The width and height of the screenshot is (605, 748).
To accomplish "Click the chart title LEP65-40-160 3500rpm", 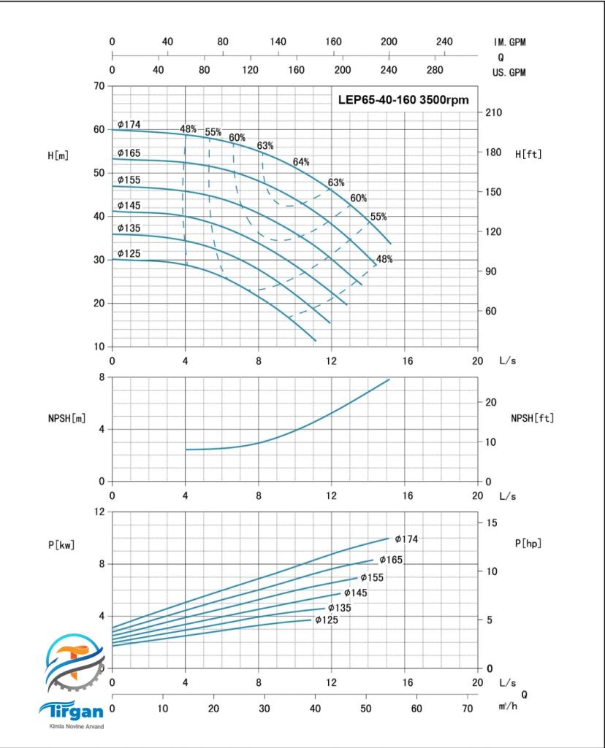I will [403, 100].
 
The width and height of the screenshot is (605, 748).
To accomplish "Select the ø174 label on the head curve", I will [129, 125].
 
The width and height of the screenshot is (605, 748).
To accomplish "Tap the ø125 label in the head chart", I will [129, 254].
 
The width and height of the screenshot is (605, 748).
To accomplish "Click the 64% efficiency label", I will [301, 161].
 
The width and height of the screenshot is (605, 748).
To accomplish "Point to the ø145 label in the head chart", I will [129, 206].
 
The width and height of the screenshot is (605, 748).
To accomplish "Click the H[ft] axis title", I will [528, 154].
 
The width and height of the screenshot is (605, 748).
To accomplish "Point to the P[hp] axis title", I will [528, 543].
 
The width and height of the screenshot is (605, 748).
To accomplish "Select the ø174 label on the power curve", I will [406, 539].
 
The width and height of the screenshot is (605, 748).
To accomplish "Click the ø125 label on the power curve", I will [327, 620].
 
